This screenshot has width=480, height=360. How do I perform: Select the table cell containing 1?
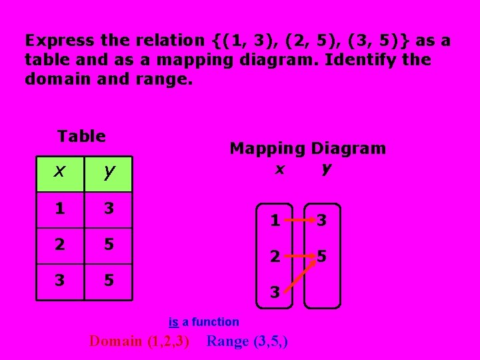coord(60,209)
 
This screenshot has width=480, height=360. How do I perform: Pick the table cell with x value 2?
coord(60,244)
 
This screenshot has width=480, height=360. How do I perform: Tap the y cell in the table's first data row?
coord(109,209)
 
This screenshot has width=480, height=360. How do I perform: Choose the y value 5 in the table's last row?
coord(109,280)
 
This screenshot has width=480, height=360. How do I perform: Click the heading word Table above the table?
coord(81,137)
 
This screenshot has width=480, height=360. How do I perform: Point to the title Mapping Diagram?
coord(307,149)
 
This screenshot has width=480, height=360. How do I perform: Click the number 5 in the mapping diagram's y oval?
coord(322,255)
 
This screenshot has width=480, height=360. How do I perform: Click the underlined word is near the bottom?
coord(173,322)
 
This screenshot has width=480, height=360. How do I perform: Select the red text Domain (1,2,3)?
coord(139,342)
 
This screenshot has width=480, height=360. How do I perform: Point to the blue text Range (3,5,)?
coord(247,342)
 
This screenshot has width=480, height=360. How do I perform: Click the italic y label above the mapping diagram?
coord(325,169)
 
